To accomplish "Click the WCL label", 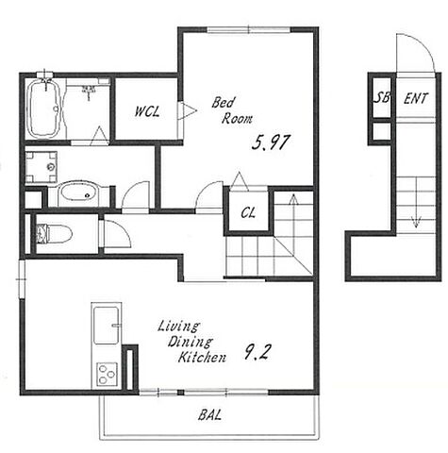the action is click(x=147, y=111).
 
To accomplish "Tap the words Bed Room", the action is click(x=232, y=110).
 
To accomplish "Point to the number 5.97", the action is click(x=270, y=143).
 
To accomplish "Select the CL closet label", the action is click(x=248, y=213).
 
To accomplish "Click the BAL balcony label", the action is click(x=209, y=415).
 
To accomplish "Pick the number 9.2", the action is click(x=257, y=352).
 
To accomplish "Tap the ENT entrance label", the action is click(x=416, y=98).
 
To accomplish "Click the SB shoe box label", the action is click(x=381, y=98).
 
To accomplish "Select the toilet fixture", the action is click(x=54, y=234).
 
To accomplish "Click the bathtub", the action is click(x=44, y=109).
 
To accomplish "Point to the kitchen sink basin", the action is click(x=107, y=326).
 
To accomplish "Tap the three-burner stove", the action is click(x=107, y=375).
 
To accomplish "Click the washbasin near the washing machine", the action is click(x=78, y=193).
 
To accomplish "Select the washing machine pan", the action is click(x=41, y=167).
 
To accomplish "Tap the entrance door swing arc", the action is click(x=423, y=45).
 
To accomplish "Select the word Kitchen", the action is click(x=202, y=357).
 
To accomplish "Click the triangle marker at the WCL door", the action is click(x=190, y=110).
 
